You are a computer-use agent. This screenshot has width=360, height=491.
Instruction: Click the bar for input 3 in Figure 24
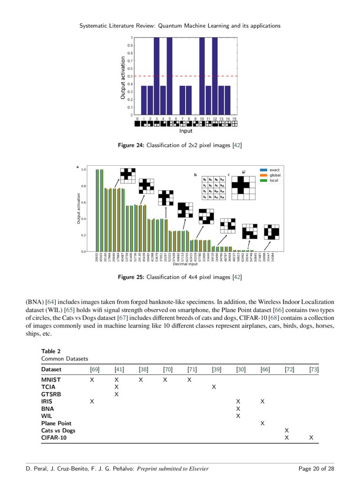tap(156, 76)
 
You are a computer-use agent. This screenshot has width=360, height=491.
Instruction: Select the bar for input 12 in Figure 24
tap(215, 76)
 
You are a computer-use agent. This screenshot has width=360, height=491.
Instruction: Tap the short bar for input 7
tap(182, 100)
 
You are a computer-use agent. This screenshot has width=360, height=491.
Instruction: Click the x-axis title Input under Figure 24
tap(186, 130)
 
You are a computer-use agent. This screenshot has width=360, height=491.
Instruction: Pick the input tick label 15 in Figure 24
tap(234, 118)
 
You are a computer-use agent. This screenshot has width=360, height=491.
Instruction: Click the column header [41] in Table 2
tap(119, 369)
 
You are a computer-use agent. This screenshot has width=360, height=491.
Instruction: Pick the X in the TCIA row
tap(214, 387)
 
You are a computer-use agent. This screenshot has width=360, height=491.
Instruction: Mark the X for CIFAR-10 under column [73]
tap(311, 438)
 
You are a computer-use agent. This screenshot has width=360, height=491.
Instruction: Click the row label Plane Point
tap(56, 423)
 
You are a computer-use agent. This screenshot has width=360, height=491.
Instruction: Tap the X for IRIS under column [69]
tap(92, 401)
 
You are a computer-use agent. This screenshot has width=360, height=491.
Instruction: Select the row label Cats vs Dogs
tap(58, 431)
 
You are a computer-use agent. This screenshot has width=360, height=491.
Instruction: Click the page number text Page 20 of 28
tap(316, 469)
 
